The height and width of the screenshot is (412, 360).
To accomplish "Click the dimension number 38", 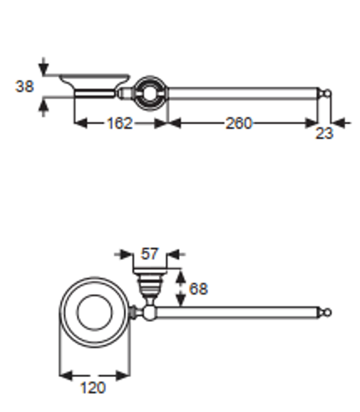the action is pyautogui.click(x=24, y=86).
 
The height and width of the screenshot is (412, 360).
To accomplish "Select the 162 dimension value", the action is pyautogui.click(x=120, y=123).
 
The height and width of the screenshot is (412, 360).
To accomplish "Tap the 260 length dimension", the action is pyautogui.click(x=239, y=123).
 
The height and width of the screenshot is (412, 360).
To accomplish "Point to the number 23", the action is pyautogui.click(x=324, y=133).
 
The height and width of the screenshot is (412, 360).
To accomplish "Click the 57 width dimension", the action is pyautogui.click(x=150, y=254).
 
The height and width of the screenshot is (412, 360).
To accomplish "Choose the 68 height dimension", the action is pyautogui.click(x=198, y=289).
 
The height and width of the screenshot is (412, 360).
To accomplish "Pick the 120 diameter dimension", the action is pyautogui.click(x=93, y=388).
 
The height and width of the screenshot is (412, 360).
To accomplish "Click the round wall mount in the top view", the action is pyautogui.click(x=150, y=94).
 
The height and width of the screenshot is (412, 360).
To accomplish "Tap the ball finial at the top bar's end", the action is pyautogui.click(x=327, y=93).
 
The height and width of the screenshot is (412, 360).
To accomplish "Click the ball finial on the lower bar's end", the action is pyautogui.click(x=327, y=312).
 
